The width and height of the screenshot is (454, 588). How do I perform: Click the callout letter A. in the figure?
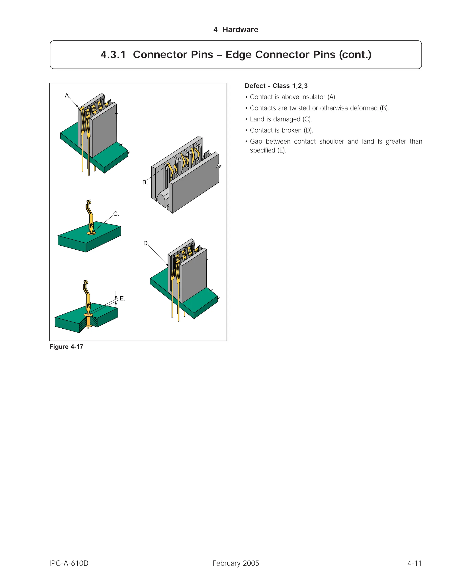click(x=67, y=96)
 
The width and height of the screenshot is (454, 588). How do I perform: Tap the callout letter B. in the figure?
click(x=145, y=183)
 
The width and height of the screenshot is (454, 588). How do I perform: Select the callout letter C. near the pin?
click(x=116, y=214)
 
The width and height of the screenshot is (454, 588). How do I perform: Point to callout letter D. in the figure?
click(x=145, y=243)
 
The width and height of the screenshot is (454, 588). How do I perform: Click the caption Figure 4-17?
click(x=66, y=347)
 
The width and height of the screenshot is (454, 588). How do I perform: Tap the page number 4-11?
click(x=415, y=563)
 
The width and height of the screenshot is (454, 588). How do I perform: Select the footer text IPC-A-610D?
click(x=69, y=563)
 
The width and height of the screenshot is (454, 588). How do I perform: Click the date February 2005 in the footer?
click(x=236, y=563)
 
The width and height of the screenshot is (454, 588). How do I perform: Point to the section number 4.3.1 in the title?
click(x=113, y=55)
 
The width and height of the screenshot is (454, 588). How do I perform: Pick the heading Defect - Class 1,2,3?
click(x=276, y=86)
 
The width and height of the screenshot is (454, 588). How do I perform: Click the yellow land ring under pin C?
click(x=91, y=233)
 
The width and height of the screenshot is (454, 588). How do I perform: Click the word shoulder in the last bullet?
click(x=331, y=142)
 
